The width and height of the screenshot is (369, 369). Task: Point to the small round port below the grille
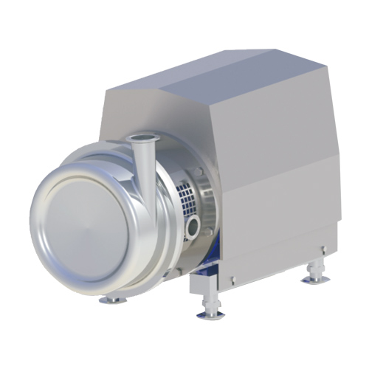coord(194,224)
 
